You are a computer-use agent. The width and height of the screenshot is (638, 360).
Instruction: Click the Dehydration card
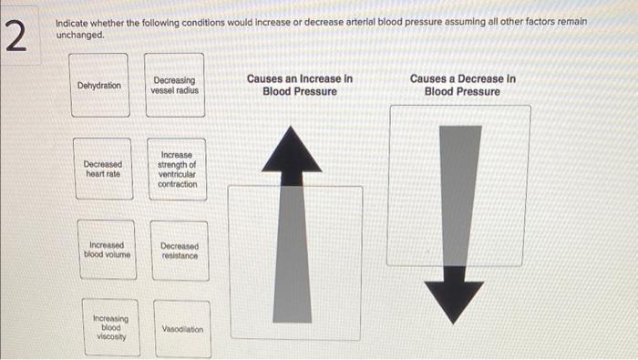tap(99, 86)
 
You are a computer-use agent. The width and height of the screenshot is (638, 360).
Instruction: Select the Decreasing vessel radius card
tap(175, 86)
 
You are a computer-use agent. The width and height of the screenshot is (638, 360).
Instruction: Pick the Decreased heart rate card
tap(102, 169)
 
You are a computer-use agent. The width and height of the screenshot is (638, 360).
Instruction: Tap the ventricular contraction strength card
tap(177, 170)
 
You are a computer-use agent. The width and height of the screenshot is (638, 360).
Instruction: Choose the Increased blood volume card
tap(107, 250)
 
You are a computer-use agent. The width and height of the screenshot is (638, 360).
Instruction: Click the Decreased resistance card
tap(180, 250)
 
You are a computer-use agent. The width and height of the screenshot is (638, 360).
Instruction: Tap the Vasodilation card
tap(182, 329)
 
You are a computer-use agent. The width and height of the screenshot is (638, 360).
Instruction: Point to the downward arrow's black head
tap(454, 299)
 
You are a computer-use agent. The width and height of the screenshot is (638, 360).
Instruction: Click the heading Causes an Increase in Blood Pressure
tap(300, 86)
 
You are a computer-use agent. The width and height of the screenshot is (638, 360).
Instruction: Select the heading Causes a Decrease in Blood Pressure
tap(462, 86)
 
